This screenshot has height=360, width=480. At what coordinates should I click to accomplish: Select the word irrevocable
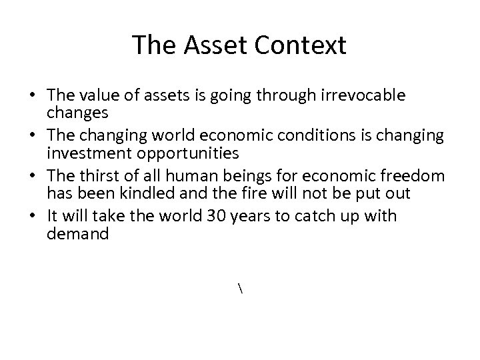pyautogui.click(x=368, y=96)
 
